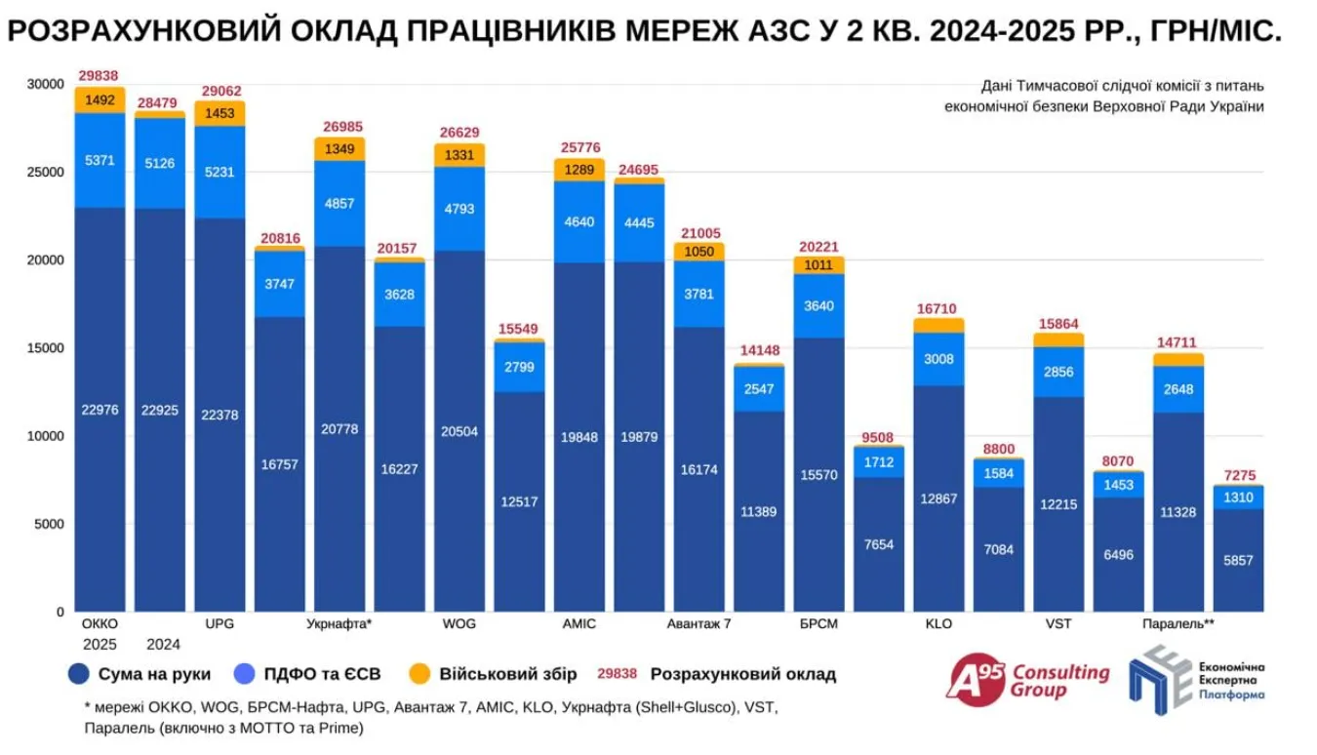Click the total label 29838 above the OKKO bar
100,76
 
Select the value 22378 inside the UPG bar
219,416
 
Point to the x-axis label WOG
459,623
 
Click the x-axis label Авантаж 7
698,623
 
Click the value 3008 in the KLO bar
938,358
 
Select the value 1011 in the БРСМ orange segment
818,264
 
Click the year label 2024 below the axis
163,644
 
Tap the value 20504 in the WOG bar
459,431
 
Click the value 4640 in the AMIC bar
579,221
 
